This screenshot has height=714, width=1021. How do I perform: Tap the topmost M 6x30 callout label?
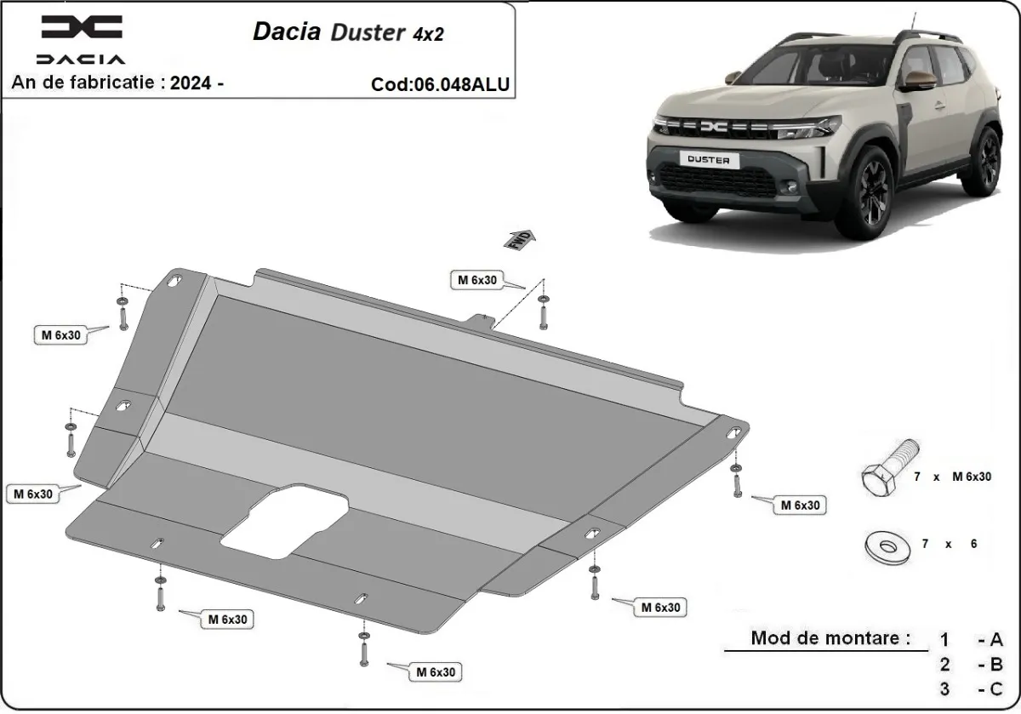478,280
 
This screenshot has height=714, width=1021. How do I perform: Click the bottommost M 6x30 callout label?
436,672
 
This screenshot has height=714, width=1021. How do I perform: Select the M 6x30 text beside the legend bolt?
972,477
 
